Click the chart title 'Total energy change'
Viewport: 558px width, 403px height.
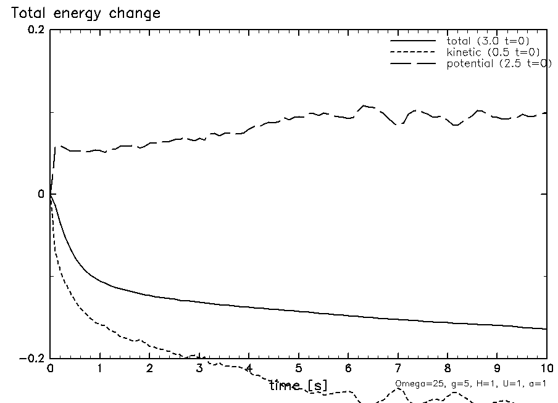tap(86, 14)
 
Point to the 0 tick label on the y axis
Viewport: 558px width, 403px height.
tap(42, 194)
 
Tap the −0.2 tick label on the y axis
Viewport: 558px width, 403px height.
tap(33, 359)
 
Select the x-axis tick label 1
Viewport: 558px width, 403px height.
tap(100, 370)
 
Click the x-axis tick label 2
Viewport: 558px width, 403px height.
tap(149, 370)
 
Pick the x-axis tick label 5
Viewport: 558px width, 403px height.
tap(299, 370)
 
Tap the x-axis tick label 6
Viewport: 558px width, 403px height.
tap(348, 370)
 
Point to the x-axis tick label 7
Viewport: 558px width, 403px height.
tap(398, 370)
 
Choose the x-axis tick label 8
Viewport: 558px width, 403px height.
tap(448, 370)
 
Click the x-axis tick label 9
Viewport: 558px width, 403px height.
tap(498, 370)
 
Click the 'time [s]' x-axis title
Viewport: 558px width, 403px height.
tap(299, 386)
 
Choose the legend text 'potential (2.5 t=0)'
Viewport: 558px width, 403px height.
tap(498, 63)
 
